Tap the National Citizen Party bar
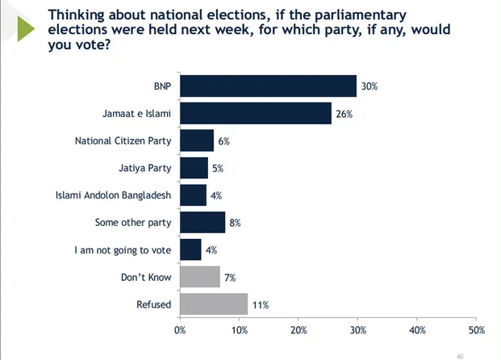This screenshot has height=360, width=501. [x=197, y=140]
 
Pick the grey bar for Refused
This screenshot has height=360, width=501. [x=214, y=304]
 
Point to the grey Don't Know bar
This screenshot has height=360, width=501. [x=200, y=277]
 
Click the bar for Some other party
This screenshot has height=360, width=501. [x=202, y=222]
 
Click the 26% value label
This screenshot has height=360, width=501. [x=344, y=114]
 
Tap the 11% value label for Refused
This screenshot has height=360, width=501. [x=260, y=305]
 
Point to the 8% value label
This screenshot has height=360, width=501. [x=236, y=223]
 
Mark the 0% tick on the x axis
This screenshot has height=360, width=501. [x=180, y=330]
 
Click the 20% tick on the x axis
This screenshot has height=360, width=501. [x=299, y=330]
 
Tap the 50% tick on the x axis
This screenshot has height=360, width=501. [x=477, y=330]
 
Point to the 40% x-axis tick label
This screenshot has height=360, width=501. [x=417, y=330]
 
